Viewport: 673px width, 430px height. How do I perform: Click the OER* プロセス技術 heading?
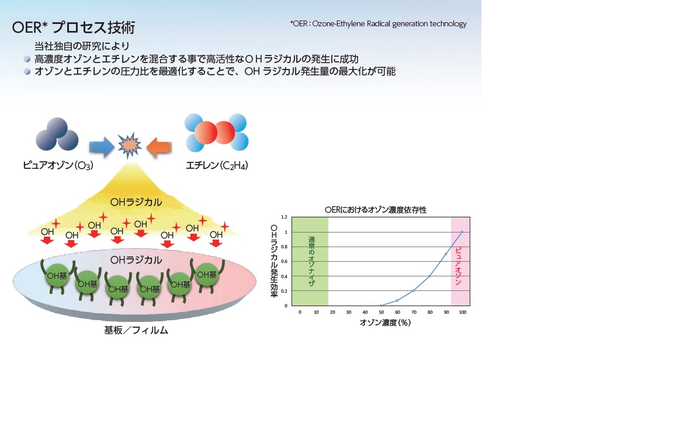click(x=74, y=27)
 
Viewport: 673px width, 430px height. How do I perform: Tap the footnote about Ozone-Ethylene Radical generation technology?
click(x=378, y=23)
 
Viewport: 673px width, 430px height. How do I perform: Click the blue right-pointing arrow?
click(x=102, y=147)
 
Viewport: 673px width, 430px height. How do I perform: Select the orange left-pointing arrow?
click(x=159, y=147)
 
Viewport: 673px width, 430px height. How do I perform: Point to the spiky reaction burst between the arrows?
click(x=130, y=145)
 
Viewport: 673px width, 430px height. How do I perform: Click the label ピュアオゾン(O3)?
click(x=58, y=165)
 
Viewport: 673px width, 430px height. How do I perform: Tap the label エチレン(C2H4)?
click(x=217, y=165)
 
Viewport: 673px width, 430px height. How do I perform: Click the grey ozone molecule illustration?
click(x=57, y=134)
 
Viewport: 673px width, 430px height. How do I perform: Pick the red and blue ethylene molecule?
click(x=216, y=132)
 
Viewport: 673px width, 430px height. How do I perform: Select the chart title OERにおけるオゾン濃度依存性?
click(x=376, y=210)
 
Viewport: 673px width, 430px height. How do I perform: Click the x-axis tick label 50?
click(x=381, y=312)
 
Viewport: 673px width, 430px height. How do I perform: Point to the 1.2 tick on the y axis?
click(x=284, y=217)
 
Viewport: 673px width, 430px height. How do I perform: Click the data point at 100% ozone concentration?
click(x=462, y=232)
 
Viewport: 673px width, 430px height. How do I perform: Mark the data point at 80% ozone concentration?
click(x=429, y=276)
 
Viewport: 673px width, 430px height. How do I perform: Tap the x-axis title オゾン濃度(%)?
click(x=385, y=322)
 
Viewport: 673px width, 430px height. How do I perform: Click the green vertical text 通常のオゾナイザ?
click(x=311, y=261)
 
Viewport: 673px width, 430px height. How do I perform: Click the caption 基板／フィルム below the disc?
click(x=136, y=330)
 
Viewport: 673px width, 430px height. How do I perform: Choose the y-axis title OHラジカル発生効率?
click(x=274, y=261)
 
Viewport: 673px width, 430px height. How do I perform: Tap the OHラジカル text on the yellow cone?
click(x=136, y=202)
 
